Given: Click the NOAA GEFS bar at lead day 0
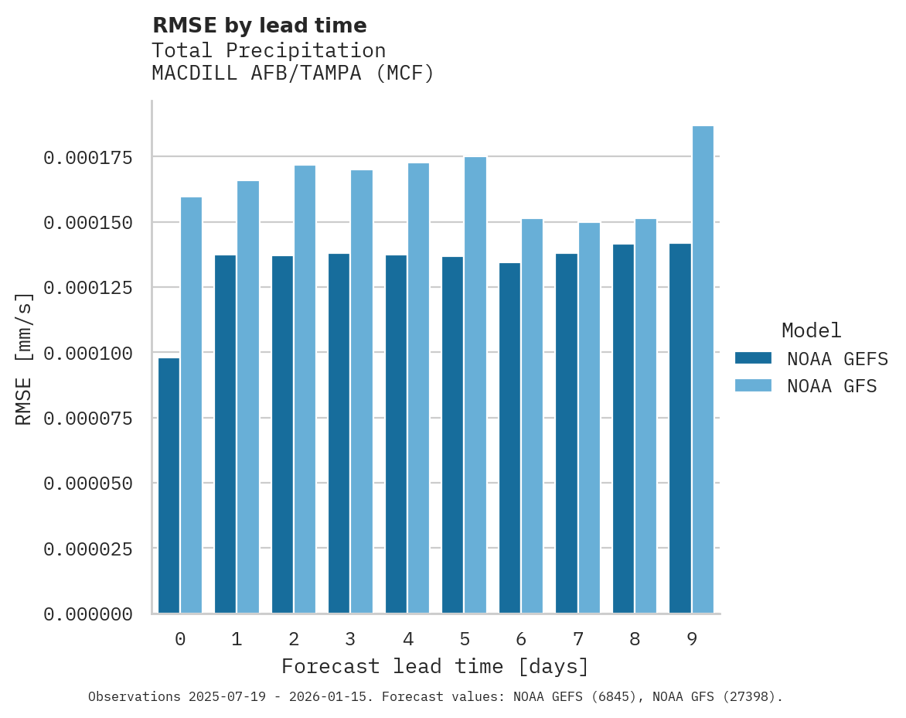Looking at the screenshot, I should (169, 485).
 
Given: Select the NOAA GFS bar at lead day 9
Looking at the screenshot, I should (703, 369).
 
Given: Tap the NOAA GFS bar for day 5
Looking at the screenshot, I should (475, 385).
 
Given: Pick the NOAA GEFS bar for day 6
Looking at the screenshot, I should (509, 438).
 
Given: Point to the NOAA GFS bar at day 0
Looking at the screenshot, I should (191, 405).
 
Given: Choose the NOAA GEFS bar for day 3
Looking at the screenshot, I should (339, 433).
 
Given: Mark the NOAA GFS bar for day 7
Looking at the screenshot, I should (589, 418).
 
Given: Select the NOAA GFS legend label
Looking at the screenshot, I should (832, 386).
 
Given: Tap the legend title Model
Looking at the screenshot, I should (811, 331).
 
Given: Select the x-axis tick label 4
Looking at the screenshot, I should (407, 639).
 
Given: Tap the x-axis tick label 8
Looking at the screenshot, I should (635, 639).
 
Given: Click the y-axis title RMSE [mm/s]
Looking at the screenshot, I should (25, 358).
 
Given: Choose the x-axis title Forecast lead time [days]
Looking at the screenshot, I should (435, 666).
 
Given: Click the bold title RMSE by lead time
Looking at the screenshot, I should (259, 26).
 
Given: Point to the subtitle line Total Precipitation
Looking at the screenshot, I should (268, 50).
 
